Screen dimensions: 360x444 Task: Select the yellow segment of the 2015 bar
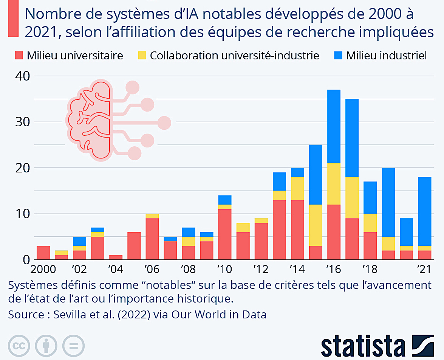click(316, 225)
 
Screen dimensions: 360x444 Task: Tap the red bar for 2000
click(43, 253)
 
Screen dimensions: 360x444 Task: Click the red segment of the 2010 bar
click(225, 234)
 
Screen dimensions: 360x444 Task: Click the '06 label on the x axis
click(152, 270)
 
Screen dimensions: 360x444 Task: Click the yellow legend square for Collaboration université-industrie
click(142, 56)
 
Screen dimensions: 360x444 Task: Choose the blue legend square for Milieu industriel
click(339, 56)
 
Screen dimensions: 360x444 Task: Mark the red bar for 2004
click(116, 258)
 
